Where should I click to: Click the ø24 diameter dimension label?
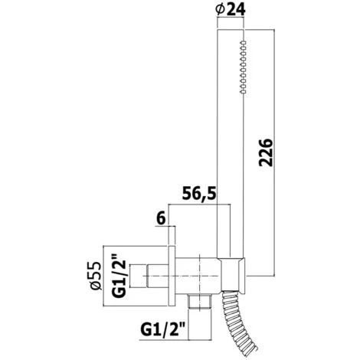(231, 10)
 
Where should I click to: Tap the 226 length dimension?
(266, 152)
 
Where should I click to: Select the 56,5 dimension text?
(199, 194)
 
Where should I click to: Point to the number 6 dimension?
(161, 219)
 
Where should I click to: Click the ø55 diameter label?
(96, 276)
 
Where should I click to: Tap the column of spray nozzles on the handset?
(243, 67)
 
